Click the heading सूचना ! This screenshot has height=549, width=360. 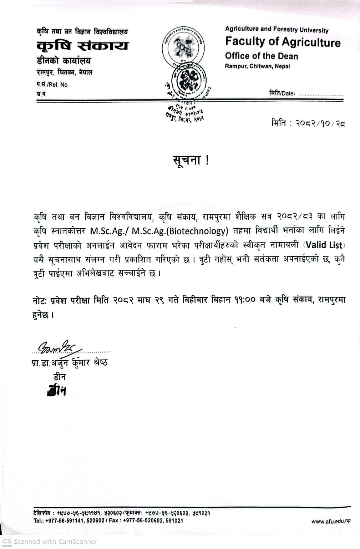click(x=191, y=160)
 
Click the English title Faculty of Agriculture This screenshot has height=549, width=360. click(x=283, y=42)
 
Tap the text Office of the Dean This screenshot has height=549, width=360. click(x=262, y=56)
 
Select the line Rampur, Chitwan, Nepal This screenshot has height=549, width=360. click(x=257, y=66)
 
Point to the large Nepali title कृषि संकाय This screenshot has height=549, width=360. click(x=82, y=46)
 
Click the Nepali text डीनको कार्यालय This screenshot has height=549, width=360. click(x=64, y=60)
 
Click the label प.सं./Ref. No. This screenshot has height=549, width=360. click(x=52, y=85)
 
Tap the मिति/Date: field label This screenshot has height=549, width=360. click(x=282, y=93)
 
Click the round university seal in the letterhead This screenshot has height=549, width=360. click(x=183, y=46)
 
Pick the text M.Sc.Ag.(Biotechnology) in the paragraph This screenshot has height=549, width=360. click(x=180, y=231)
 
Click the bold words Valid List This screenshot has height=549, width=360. click(x=324, y=245)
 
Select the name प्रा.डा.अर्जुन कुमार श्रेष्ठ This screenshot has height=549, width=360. click(x=70, y=363)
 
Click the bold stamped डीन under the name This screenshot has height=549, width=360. click(x=57, y=391)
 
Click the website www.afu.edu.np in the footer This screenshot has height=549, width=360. click(x=331, y=521)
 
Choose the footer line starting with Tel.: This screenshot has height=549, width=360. click(x=108, y=520)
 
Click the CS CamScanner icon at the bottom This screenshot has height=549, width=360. click(x=7, y=541)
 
